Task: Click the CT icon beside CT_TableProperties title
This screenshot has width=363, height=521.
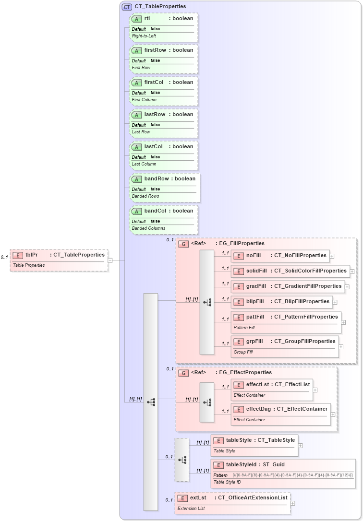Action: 127,7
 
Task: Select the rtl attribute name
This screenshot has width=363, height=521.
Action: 147,18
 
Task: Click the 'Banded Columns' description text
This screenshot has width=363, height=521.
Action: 148,228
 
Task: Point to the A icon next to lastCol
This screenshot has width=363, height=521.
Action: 136,147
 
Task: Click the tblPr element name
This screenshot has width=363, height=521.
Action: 32,255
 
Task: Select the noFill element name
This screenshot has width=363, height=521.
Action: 254,256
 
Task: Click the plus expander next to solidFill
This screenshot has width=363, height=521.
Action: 352,271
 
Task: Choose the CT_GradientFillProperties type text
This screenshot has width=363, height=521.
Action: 308,286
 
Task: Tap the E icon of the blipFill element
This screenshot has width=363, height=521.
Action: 238,302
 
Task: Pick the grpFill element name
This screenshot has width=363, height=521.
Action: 254,341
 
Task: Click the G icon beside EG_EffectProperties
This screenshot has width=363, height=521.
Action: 183,373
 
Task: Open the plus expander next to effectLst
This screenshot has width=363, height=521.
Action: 315,390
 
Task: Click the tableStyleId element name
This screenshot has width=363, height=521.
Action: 243,464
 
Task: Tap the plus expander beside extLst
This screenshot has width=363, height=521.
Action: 292,503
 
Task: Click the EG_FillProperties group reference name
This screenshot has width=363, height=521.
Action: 242,244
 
